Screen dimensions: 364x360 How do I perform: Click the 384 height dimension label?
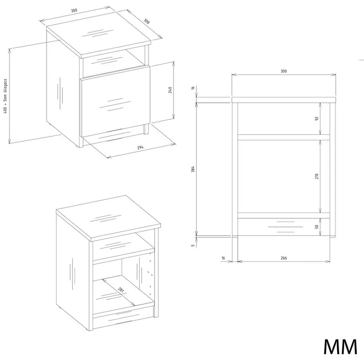(193, 169)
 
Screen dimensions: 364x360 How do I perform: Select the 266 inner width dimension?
(284, 257)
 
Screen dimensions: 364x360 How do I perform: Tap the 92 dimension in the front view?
(317, 118)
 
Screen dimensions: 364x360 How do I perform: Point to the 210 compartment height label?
(317, 176)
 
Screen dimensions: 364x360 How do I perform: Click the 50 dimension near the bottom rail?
(317, 227)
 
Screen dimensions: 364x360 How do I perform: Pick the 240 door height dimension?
(170, 90)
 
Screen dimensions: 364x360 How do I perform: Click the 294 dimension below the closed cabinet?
(140, 147)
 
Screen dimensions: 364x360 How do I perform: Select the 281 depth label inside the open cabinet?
(121, 290)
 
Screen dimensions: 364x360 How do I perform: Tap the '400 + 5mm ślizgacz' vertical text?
(5, 96)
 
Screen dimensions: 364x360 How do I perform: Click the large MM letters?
(340, 347)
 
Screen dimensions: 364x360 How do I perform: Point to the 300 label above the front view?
(284, 71)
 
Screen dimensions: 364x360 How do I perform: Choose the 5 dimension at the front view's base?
(193, 245)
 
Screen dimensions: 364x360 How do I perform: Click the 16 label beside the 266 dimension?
(223, 257)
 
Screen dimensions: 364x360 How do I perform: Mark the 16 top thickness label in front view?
(193, 88)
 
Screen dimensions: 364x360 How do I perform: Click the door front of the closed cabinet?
(115, 101)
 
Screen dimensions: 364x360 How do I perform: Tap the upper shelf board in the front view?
(284, 137)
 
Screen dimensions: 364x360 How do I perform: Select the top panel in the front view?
(284, 100)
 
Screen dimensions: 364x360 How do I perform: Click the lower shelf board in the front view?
(284, 215)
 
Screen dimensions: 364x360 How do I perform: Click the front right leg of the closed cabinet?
(146, 129)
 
